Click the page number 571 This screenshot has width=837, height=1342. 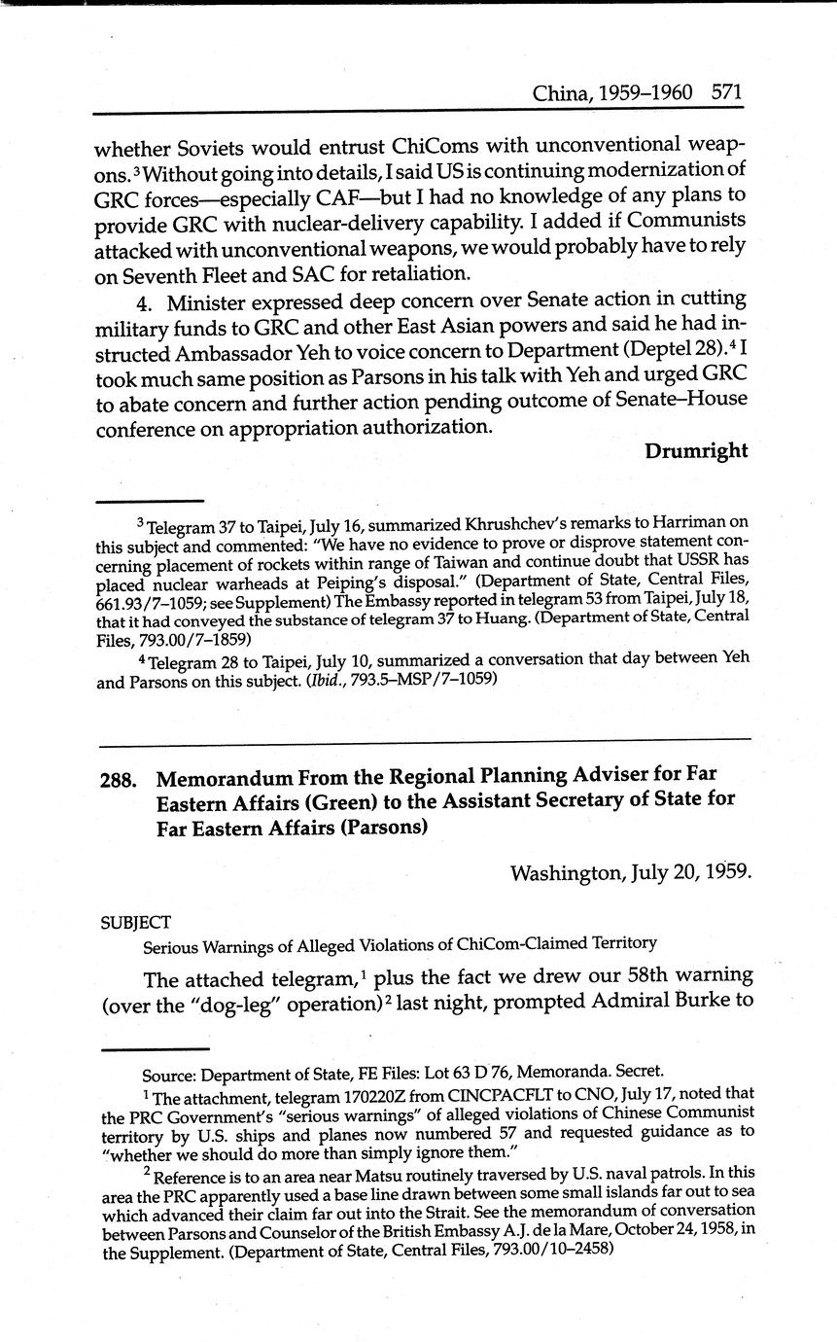coord(726,93)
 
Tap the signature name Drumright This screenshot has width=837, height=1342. coord(695,450)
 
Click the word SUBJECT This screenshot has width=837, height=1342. coord(136,921)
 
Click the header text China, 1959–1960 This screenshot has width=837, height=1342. coord(612,93)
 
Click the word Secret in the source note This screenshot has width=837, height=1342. coord(638,1072)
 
